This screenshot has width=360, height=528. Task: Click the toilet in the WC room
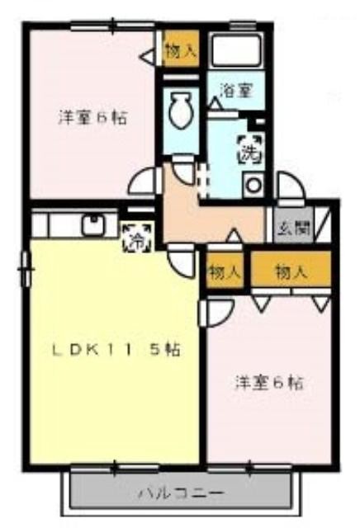click(181, 110)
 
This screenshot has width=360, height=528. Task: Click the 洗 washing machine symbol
click(250, 149)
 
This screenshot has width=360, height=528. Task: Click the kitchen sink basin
click(93, 224)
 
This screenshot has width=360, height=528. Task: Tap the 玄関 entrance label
click(293, 229)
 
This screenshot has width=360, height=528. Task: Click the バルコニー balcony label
click(182, 493)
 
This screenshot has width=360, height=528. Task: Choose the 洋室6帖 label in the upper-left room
click(92, 118)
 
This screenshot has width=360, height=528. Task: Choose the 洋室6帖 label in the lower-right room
click(269, 383)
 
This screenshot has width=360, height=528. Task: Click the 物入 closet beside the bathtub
click(180, 49)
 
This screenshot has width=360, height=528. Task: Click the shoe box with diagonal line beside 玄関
click(324, 223)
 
